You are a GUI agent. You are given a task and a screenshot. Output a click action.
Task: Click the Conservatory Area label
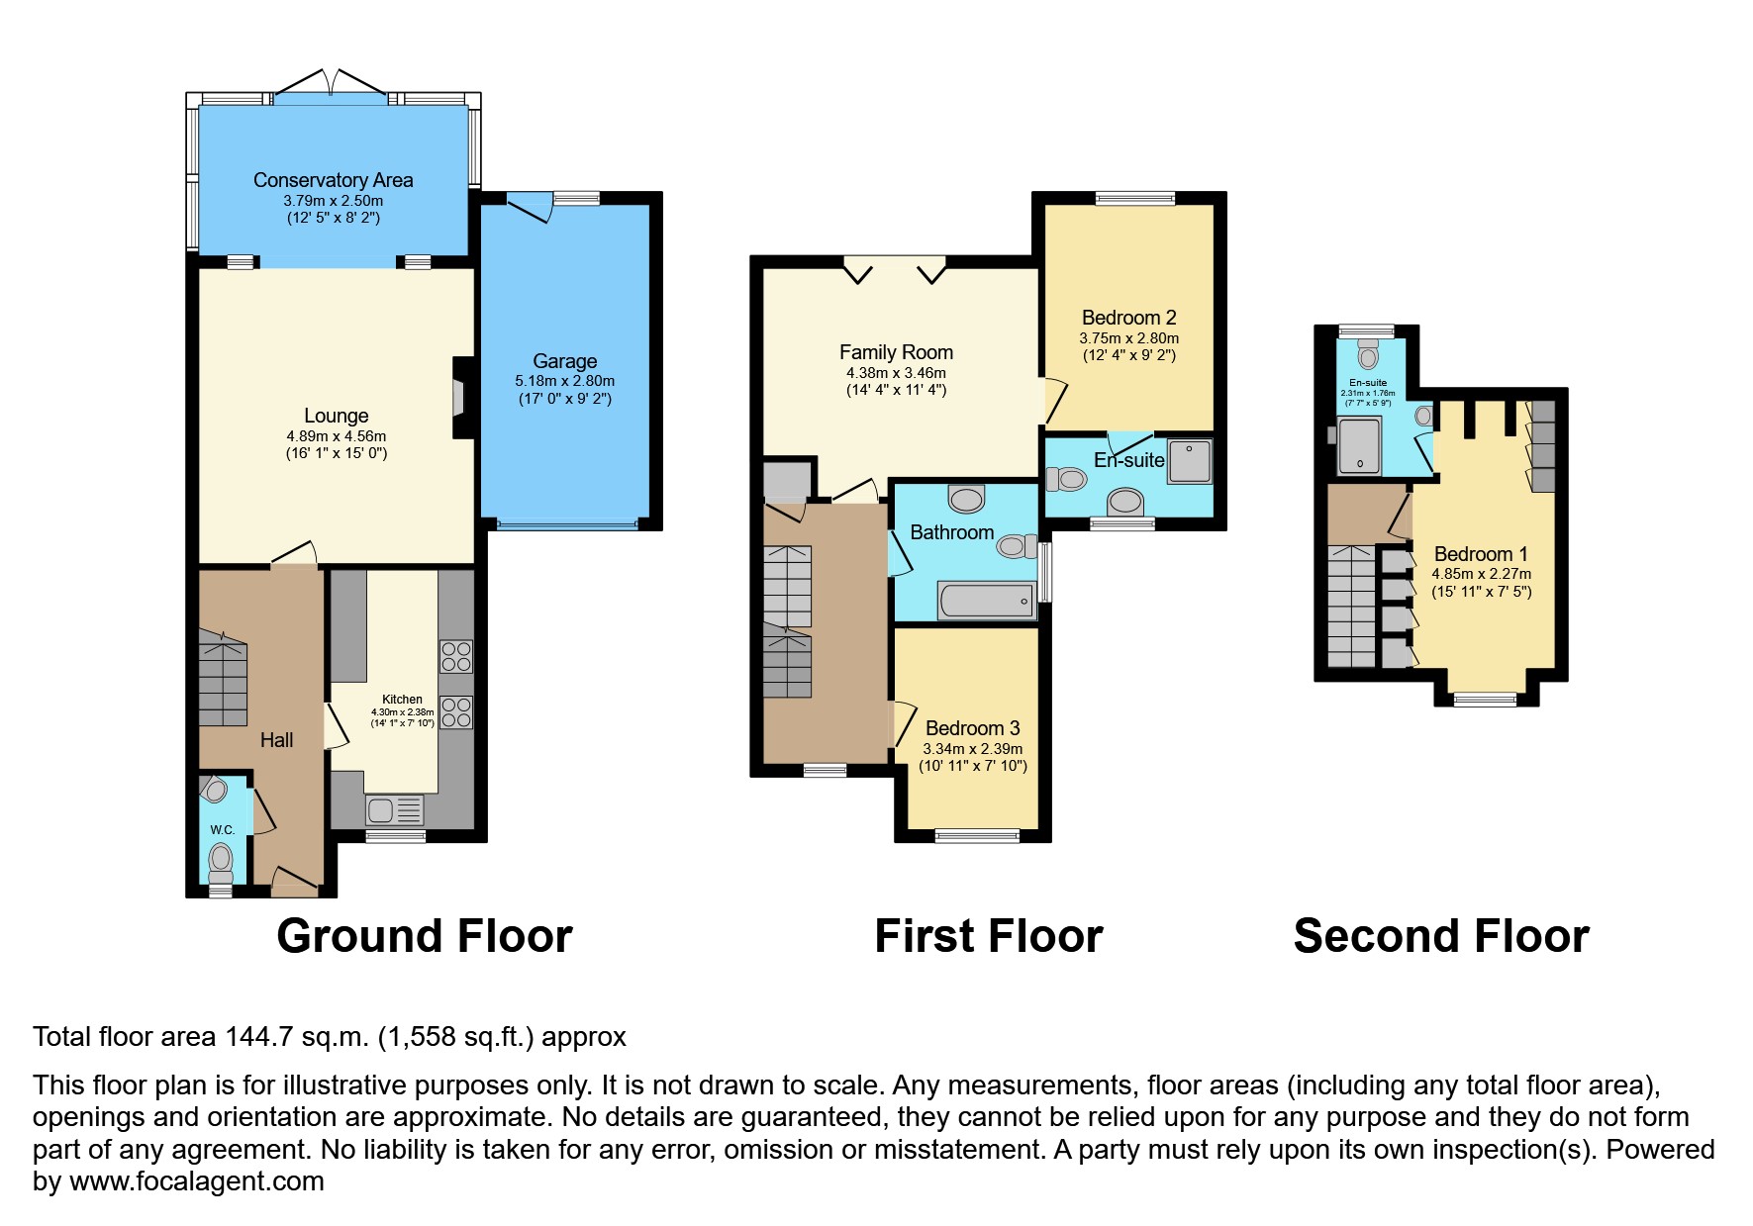point(333,180)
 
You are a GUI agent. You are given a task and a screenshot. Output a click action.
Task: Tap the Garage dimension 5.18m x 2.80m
point(564,381)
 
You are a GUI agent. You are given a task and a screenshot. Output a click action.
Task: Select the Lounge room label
point(336,416)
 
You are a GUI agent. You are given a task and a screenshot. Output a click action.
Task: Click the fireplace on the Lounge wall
point(458,398)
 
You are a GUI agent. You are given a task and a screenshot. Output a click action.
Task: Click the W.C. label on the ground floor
point(222,830)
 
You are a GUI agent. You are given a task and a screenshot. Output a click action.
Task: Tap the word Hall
point(276,740)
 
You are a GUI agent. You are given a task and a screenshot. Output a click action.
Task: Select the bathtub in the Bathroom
point(985,601)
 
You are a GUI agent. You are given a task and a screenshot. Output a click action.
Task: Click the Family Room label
point(896,352)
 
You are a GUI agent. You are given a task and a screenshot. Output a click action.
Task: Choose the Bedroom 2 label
point(1128,318)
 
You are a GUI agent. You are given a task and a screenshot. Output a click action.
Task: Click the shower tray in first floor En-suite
point(1189,461)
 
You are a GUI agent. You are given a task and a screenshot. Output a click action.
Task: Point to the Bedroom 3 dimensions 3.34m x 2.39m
point(972,749)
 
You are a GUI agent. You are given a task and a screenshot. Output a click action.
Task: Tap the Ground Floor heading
point(424,936)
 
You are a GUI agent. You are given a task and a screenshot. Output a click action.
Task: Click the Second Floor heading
point(1440,936)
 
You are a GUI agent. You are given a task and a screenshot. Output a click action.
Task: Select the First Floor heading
point(988,936)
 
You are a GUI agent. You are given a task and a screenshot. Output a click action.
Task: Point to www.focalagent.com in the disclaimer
point(196,1181)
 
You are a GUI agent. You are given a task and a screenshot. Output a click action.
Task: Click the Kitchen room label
point(402,700)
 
